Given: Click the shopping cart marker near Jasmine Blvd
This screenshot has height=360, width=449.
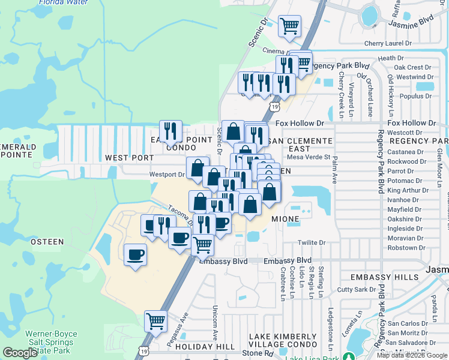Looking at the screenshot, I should (x=289, y=26).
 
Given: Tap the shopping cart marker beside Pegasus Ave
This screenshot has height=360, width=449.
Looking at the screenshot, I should (x=155, y=321).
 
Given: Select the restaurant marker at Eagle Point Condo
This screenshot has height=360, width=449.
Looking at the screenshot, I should (x=170, y=131).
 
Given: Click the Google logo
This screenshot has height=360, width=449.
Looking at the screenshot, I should (x=20, y=353).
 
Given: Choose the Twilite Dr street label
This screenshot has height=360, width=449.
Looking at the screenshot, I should (x=312, y=243).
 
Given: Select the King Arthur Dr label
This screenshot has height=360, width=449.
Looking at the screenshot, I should (x=408, y=190).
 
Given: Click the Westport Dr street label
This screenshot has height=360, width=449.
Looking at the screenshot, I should (x=166, y=175).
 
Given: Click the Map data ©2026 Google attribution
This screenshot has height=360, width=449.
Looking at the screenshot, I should (x=411, y=355).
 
